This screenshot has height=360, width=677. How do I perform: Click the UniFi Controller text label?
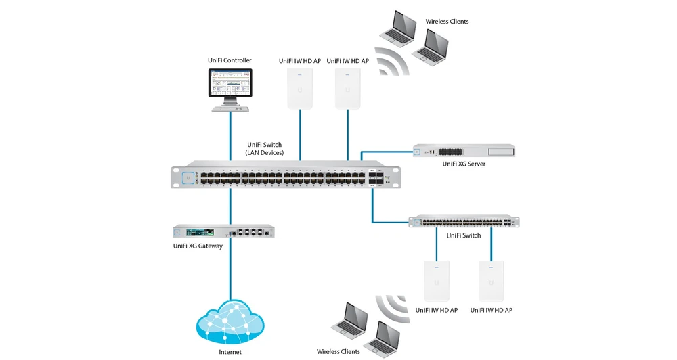(x=230, y=61)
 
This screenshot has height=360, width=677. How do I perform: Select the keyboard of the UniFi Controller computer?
(x=230, y=108)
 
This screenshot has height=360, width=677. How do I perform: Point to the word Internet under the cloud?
(x=230, y=352)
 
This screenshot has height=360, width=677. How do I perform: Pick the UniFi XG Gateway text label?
(x=198, y=246)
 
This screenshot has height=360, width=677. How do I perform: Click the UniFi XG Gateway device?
(x=224, y=231)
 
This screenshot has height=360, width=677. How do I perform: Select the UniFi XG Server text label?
(x=464, y=164)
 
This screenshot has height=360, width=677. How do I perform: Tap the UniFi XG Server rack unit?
(x=463, y=152)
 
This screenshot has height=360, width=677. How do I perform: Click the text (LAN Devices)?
(x=264, y=153)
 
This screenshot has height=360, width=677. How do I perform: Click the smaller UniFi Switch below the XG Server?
(x=464, y=221)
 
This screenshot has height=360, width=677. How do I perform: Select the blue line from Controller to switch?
(x=230, y=135)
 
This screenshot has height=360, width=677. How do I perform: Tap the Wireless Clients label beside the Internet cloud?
(x=338, y=351)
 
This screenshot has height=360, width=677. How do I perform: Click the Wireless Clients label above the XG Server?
(x=447, y=22)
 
